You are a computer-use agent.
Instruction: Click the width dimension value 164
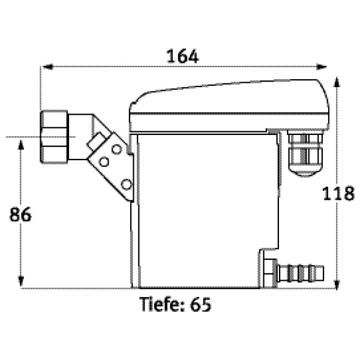coord(182,56)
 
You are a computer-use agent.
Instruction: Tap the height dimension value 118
coord(338,194)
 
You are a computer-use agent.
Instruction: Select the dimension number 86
coord(20,214)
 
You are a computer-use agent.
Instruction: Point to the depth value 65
coord(200,305)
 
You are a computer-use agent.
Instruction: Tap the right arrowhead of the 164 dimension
coord(322,67)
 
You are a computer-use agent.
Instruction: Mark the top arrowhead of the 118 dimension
coord(337,82)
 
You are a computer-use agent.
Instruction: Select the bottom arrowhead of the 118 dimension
coord(337,284)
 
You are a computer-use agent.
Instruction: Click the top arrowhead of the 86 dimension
coord(21,145)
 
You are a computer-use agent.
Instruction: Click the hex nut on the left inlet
coord(54,137)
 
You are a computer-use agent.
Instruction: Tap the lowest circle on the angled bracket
coord(126,184)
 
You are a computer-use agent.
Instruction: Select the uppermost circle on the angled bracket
coord(116,149)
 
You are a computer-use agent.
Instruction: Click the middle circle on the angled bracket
coord(104,161)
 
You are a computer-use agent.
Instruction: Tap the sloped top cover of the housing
coord(229,106)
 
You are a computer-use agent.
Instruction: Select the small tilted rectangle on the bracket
coord(96,142)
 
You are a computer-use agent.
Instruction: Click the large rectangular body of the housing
coord(208,210)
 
